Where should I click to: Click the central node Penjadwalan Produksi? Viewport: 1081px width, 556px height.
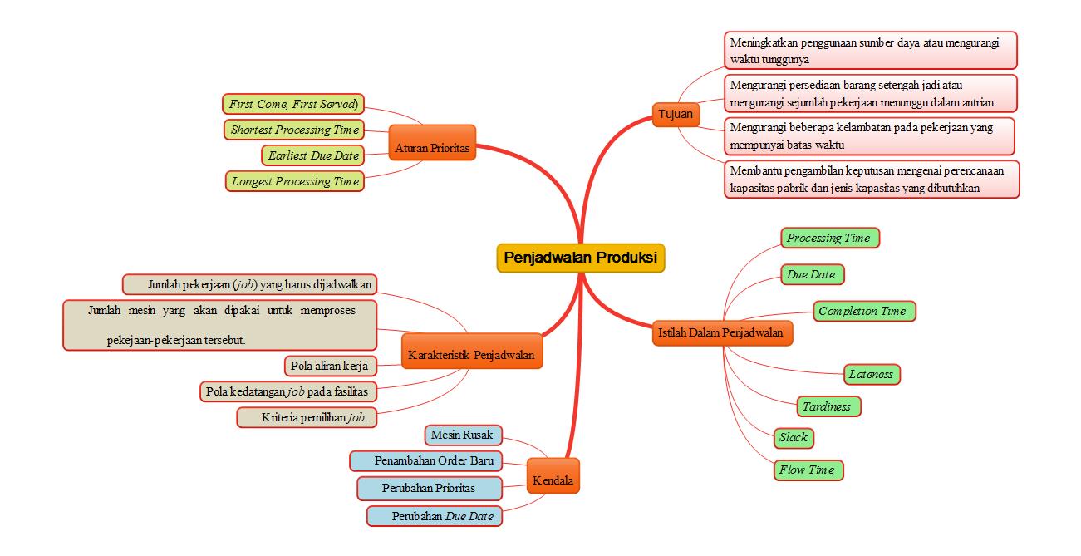(x=581, y=258)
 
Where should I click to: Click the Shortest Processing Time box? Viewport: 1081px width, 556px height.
(x=294, y=130)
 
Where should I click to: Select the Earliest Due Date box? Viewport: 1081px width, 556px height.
(x=313, y=155)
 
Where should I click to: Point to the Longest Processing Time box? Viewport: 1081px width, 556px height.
(x=294, y=181)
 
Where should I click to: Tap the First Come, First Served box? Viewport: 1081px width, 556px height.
(x=294, y=104)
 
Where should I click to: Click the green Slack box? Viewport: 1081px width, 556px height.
(x=793, y=437)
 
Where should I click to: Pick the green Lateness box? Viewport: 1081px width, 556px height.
(x=870, y=374)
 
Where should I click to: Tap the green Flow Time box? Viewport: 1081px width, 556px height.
(x=807, y=470)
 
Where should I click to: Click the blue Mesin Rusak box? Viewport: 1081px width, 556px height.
(x=462, y=434)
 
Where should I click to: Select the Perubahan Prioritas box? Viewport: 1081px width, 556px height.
(x=430, y=488)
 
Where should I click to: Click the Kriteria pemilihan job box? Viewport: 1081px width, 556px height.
(x=307, y=416)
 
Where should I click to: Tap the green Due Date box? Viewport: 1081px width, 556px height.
(x=810, y=273)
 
